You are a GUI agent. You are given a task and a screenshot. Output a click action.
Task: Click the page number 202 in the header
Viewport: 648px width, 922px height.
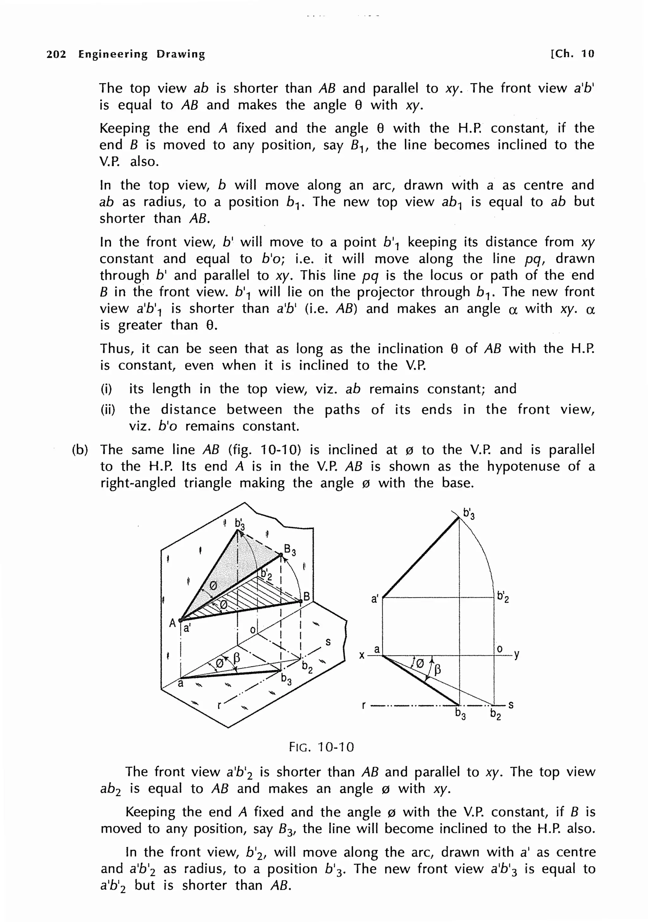(56, 54)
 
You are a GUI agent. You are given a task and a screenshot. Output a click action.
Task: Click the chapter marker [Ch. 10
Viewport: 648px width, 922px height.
(572, 54)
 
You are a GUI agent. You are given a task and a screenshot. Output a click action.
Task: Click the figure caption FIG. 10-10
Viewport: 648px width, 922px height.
(321, 747)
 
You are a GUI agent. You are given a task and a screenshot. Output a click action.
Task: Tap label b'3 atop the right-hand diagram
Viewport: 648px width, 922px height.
(469, 514)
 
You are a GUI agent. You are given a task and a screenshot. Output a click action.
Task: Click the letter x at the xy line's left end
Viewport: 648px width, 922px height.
(362, 655)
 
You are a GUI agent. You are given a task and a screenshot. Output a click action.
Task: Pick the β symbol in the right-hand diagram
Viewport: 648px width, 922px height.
(438, 669)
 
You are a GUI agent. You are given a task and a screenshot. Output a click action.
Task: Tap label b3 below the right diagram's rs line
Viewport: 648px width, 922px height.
(460, 713)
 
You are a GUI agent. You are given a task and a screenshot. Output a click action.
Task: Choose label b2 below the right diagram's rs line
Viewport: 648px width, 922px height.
(495, 714)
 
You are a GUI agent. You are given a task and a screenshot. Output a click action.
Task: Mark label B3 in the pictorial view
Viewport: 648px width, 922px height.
(290, 549)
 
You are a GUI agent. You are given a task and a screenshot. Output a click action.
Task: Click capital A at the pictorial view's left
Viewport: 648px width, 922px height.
(172, 623)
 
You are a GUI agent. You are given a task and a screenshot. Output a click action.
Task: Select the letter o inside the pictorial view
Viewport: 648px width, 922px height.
(252, 630)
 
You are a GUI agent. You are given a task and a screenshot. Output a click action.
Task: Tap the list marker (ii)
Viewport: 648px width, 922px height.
(108, 410)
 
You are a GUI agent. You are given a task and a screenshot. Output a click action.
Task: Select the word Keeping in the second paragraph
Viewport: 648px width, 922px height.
(124, 128)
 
